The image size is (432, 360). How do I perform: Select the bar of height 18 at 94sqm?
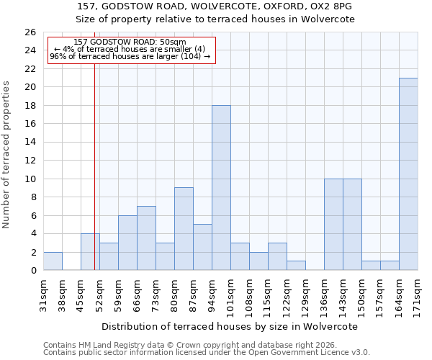click(221, 188)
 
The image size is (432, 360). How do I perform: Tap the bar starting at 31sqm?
click(53, 261)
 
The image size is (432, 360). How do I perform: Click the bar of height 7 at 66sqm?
click(146, 238)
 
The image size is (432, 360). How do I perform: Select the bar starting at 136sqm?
click(333, 225)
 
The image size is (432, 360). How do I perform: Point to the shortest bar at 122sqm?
click(296, 266)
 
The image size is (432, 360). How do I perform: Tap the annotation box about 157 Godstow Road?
click(131, 50)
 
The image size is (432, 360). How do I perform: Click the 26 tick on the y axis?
click(30, 32)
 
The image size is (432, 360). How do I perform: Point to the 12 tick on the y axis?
click(30, 161)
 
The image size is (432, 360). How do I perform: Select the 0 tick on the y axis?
click(33, 271)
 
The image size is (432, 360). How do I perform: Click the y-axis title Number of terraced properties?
click(7, 155)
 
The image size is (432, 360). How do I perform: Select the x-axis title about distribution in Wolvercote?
click(230, 326)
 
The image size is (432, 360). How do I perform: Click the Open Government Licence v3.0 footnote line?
click(207, 353)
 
